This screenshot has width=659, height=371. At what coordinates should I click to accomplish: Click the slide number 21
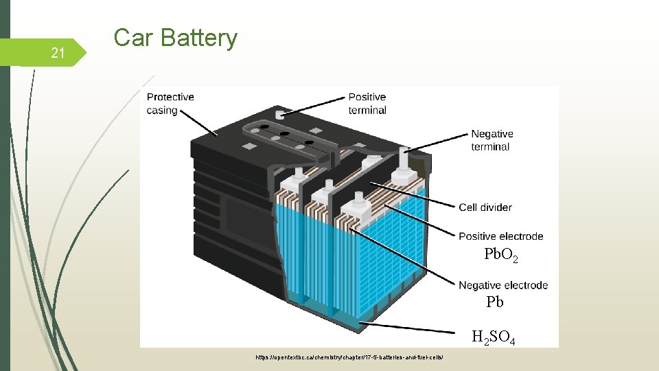(x=58, y=53)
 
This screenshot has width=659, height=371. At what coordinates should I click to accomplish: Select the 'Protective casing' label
(x=170, y=104)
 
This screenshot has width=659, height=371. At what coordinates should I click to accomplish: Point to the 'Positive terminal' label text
(x=367, y=104)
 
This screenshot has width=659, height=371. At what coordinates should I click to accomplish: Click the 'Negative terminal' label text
(x=492, y=140)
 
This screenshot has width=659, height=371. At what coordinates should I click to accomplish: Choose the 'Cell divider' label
(x=485, y=207)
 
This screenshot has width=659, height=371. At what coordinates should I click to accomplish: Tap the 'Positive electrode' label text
(x=500, y=236)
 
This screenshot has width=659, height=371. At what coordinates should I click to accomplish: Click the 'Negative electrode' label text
(x=502, y=285)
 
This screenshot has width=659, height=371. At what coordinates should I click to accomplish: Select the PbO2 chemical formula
(x=501, y=256)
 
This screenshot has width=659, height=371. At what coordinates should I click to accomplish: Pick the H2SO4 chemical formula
(x=493, y=337)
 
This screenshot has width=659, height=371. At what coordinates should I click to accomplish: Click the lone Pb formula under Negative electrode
(x=495, y=302)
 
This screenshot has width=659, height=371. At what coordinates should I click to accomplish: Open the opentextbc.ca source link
(x=354, y=357)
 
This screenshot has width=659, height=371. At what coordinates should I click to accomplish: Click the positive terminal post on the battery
(x=279, y=115)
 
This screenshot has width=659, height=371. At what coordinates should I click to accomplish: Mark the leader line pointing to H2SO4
(x=412, y=328)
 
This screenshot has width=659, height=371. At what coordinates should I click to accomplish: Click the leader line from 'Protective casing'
(x=199, y=124)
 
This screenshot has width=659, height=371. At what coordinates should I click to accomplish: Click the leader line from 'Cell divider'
(x=412, y=195)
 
